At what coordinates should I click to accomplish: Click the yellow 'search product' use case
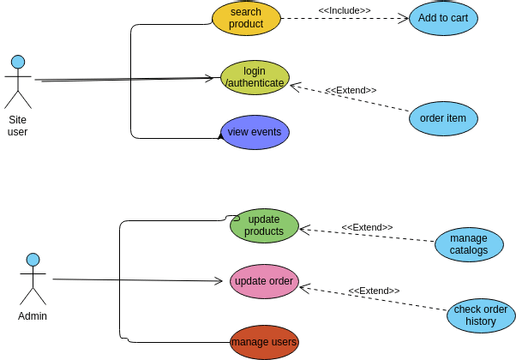tap(246, 18)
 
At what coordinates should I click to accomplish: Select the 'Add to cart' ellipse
tap(443, 18)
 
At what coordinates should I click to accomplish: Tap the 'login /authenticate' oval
tap(255, 77)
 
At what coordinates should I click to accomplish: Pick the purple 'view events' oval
tap(255, 132)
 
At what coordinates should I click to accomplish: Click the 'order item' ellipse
tap(443, 118)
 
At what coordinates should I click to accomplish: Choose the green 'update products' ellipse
tap(264, 226)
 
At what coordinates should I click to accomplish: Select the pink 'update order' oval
tap(264, 281)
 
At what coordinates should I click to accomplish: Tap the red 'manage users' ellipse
tap(264, 342)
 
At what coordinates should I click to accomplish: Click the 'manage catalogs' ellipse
tap(469, 244)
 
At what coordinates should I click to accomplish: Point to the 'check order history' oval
tap(481, 315)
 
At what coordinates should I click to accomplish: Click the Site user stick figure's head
tap(18, 62)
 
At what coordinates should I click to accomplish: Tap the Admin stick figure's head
tap(33, 260)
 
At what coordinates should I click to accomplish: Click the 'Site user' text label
tap(18, 126)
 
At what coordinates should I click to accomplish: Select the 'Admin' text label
tap(33, 316)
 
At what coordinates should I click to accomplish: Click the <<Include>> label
tap(344, 10)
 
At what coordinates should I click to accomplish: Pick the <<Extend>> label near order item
tap(351, 90)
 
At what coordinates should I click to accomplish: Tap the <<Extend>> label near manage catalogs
tap(367, 227)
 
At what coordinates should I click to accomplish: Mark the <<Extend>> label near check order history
tap(374, 291)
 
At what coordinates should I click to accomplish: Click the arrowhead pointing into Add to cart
tap(404, 18)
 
